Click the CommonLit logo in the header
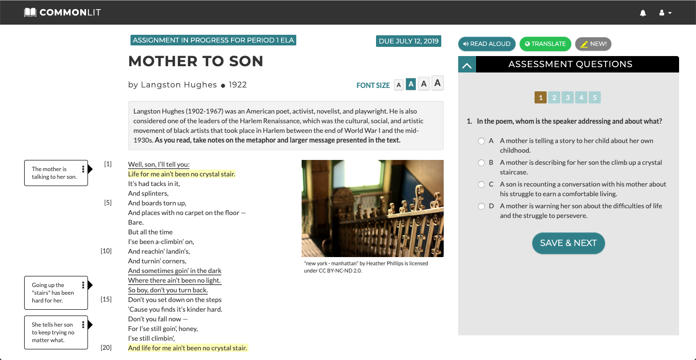tap(62, 13)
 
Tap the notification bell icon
tap(643, 13)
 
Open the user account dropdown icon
tap(665, 13)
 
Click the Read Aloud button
tap(487, 44)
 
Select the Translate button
tap(545, 44)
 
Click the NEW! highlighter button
tap(593, 44)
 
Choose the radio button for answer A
tap(481, 141)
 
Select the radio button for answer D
tap(481, 206)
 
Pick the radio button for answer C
tap(481, 185)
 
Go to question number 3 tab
tap(567, 98)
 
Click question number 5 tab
tap(594, 98)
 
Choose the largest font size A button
tap(437, 83)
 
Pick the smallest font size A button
tap(399, 85)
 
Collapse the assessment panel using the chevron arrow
tap(467, 65)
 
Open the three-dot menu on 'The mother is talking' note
tap(83, 169)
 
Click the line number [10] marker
tap(106, 251)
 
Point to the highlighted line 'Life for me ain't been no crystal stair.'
tap(182, 174)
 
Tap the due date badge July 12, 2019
tap(408, 41)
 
